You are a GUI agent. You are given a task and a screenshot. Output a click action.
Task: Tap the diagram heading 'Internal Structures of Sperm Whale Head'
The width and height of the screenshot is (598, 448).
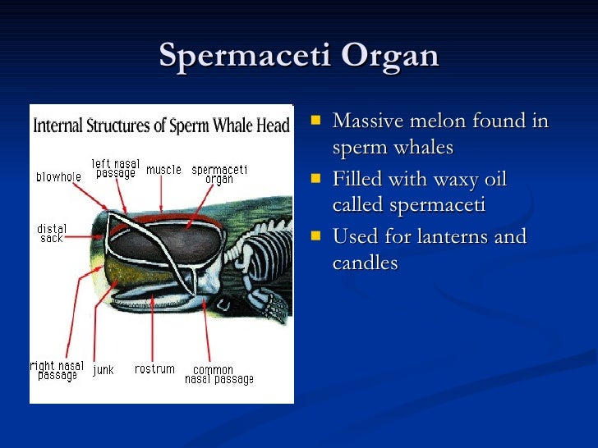[162, 126]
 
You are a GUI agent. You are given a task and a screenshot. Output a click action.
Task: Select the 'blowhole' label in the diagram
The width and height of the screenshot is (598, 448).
[57, 176]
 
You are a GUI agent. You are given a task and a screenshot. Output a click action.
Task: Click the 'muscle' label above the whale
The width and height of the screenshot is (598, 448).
[163, 170]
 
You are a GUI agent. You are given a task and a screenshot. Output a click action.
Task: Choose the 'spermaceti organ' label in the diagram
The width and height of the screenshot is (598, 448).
[218, 175]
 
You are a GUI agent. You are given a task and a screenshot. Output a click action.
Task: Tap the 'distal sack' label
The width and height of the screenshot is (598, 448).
[52, 233]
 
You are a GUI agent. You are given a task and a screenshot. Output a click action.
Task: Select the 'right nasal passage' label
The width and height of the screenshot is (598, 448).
[56, 371]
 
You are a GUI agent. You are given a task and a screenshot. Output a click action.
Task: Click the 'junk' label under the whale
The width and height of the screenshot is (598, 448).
[103, 370]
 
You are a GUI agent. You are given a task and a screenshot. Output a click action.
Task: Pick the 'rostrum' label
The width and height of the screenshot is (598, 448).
[154, 369]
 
